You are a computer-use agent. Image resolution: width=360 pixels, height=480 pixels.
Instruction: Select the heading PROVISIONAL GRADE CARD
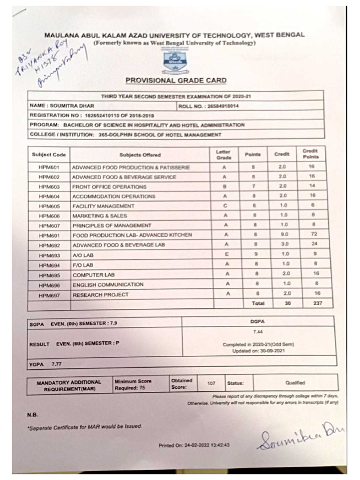(176, 81)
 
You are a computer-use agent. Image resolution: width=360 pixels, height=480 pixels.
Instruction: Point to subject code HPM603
(48, 187)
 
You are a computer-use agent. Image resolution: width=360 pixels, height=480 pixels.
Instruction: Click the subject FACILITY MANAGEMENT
(103, 206)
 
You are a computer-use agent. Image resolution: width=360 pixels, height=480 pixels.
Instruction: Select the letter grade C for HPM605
(225, 206)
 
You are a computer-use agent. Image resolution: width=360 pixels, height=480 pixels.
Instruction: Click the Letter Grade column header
(224, 155)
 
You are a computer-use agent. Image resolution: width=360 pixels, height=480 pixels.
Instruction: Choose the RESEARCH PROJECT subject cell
(100, 295)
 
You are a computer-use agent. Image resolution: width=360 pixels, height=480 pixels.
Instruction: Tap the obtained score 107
(211, 383)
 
